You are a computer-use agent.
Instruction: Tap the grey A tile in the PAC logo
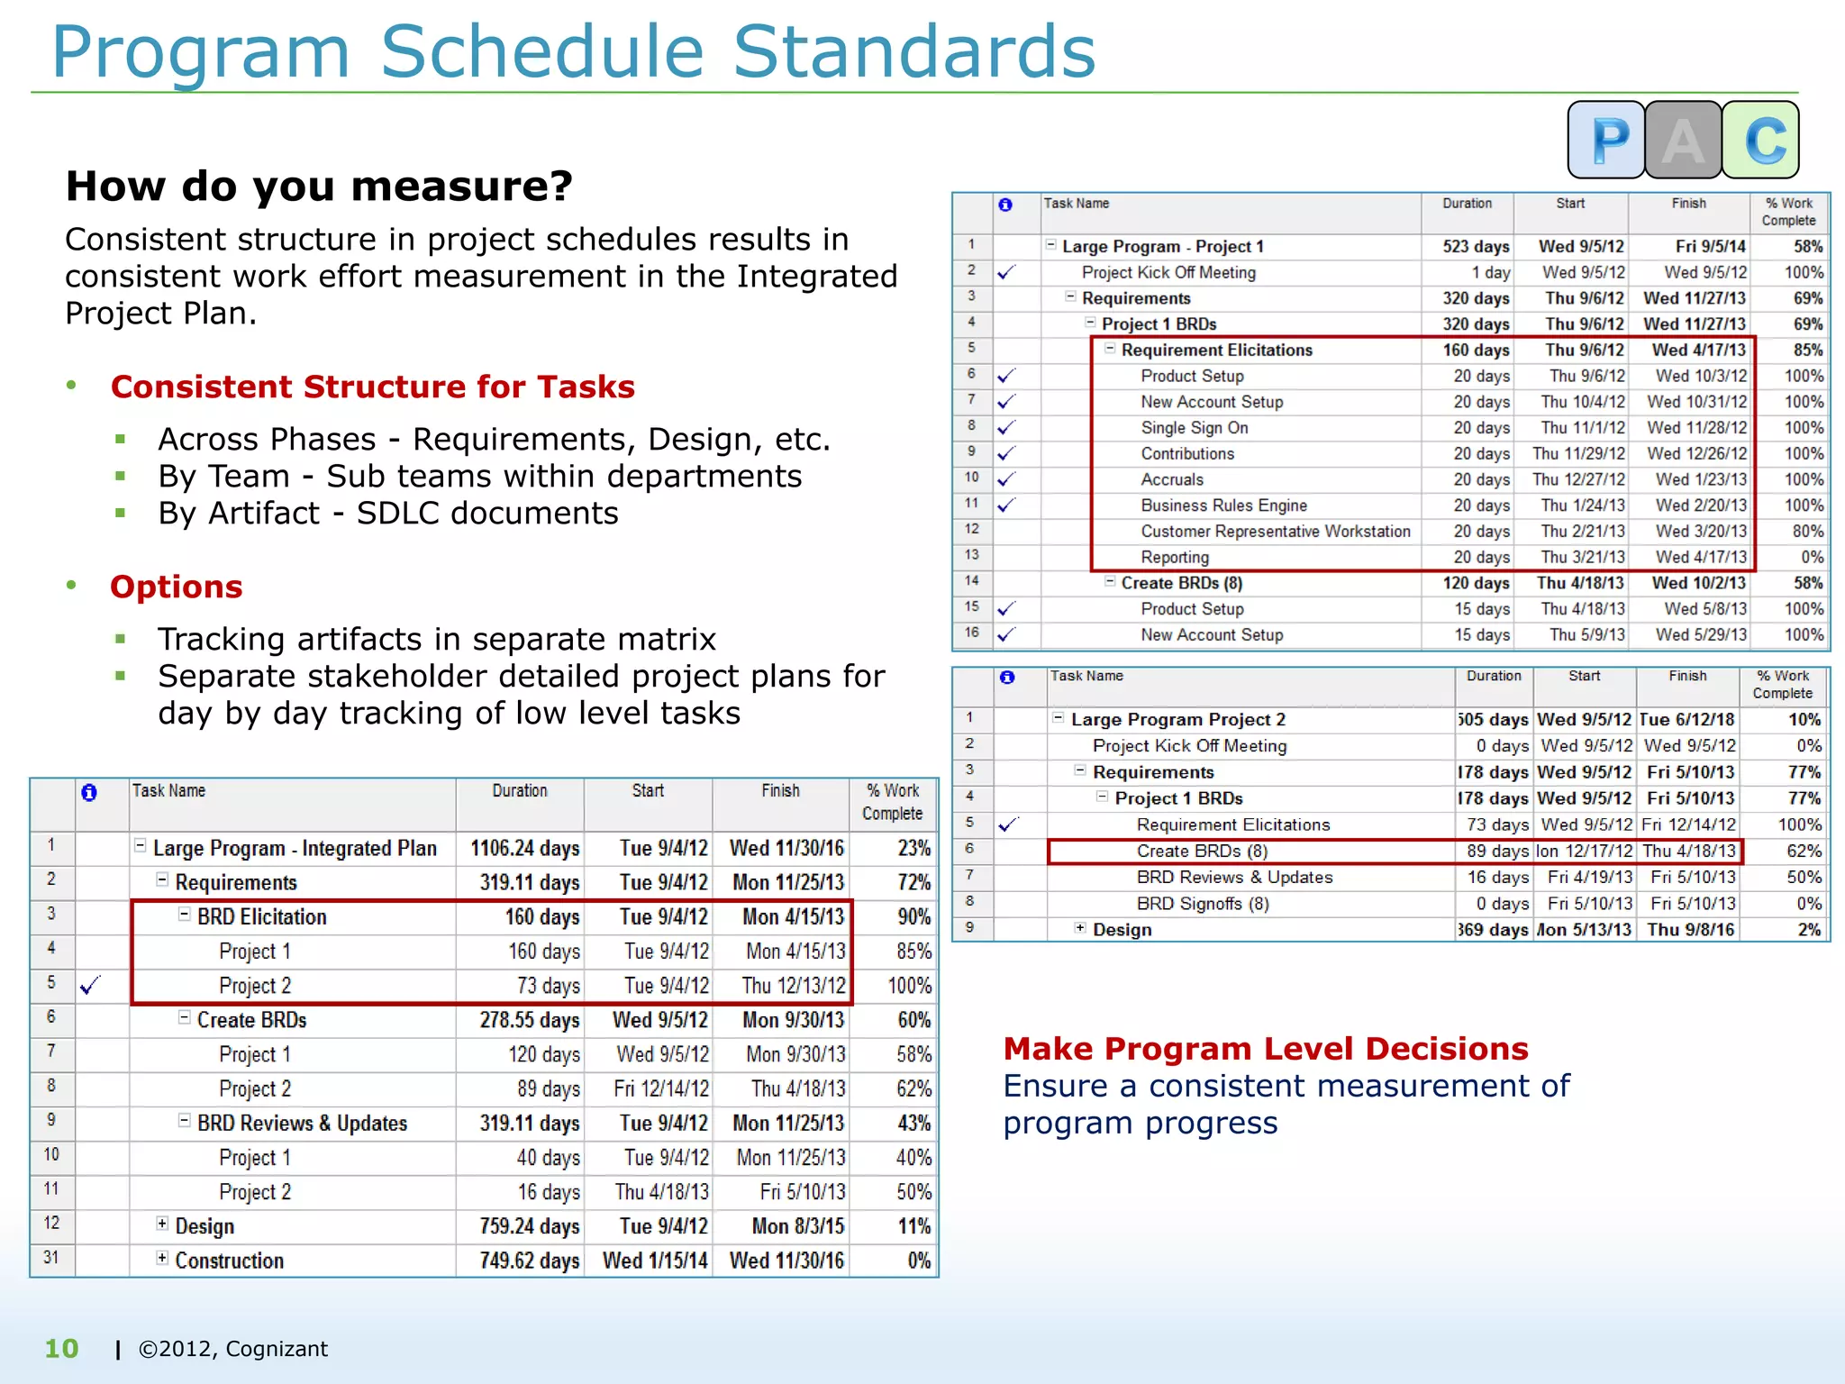[x=1683, y=140]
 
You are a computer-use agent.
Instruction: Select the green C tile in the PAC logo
[x=1761, y=140]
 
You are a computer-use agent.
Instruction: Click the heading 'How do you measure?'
[x=319, y=187]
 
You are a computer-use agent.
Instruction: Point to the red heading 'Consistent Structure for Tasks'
[x=372, y=387]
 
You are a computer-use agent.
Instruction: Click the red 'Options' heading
[x=177, y=587]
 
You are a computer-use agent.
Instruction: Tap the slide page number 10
[x=61, y=1348]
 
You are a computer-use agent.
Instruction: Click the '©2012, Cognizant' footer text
[x=232, y=1349]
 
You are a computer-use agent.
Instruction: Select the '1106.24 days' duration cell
[x=524, y=848]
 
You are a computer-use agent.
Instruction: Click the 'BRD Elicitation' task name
[x=261, y=916]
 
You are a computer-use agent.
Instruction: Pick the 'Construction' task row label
[x=229, y=1261]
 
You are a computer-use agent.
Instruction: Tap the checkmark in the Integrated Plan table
[x=90, y=986]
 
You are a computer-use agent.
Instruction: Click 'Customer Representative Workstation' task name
[x=1275, y=532]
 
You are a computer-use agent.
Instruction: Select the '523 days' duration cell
[x=1475, y=246]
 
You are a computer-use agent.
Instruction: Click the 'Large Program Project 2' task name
[x=1177, y=719]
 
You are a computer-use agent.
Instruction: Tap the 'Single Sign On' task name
[x=1194, y=428]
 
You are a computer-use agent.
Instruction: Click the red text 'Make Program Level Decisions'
[x=1266, y=1049]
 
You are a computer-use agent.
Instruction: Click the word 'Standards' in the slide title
[x=913, y=51]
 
